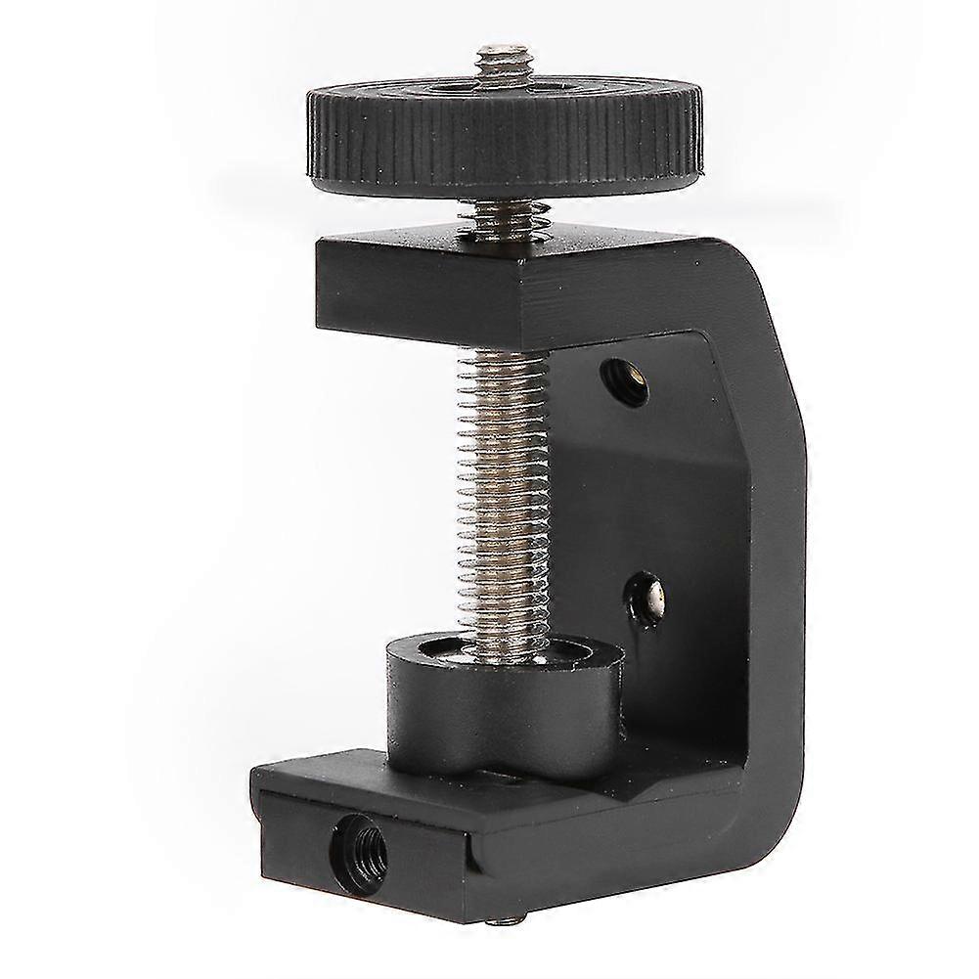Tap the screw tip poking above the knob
pyautogui.click(x=502, y=58)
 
